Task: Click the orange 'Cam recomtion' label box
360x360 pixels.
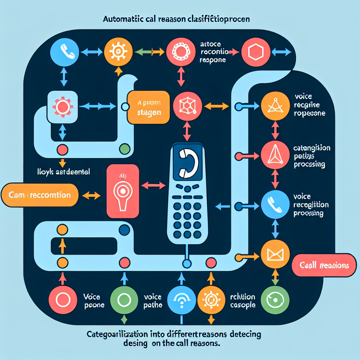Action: coord(39,195)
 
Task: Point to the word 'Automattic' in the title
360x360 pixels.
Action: coord(122,19)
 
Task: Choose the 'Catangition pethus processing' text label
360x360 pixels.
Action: coord(311,156)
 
